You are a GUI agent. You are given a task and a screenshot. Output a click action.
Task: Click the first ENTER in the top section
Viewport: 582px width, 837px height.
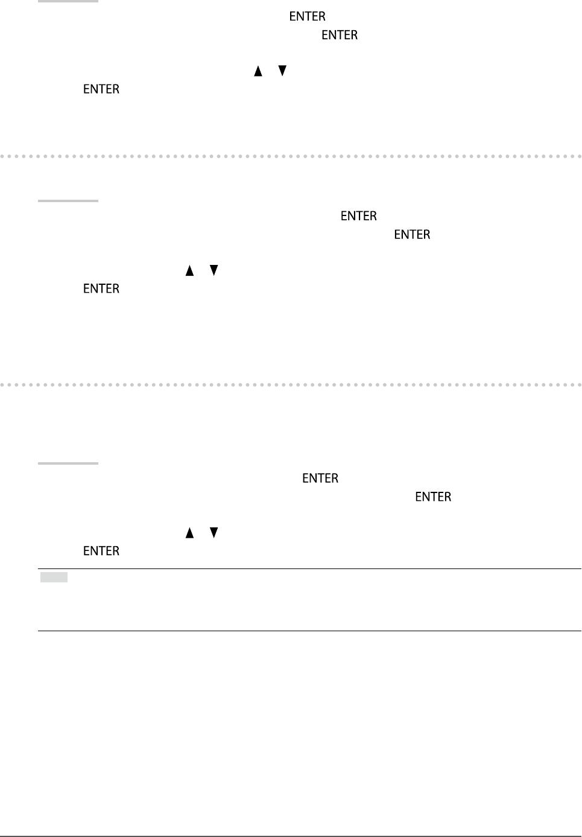coord(307,16)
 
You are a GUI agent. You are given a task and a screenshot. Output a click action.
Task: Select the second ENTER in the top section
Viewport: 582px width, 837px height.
coord(340,35)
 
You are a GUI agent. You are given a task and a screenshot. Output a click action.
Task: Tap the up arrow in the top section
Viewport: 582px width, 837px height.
coord(258,71)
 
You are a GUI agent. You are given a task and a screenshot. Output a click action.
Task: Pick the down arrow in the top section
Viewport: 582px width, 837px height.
coord(282,71)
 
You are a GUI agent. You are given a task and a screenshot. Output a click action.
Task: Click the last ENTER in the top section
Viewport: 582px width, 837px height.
coord(101,89)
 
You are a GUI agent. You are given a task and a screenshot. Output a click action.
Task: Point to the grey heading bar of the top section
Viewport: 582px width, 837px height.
coord(68,1)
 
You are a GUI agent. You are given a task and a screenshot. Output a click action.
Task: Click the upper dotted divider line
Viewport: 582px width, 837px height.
coord(291,156)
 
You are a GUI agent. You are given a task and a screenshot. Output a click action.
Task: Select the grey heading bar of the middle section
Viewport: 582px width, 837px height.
coord(68,201)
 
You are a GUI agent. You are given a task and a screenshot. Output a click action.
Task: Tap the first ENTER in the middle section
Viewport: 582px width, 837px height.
coord(359,216)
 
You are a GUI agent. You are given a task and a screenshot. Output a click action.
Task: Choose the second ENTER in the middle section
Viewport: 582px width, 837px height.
coord(412,235)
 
